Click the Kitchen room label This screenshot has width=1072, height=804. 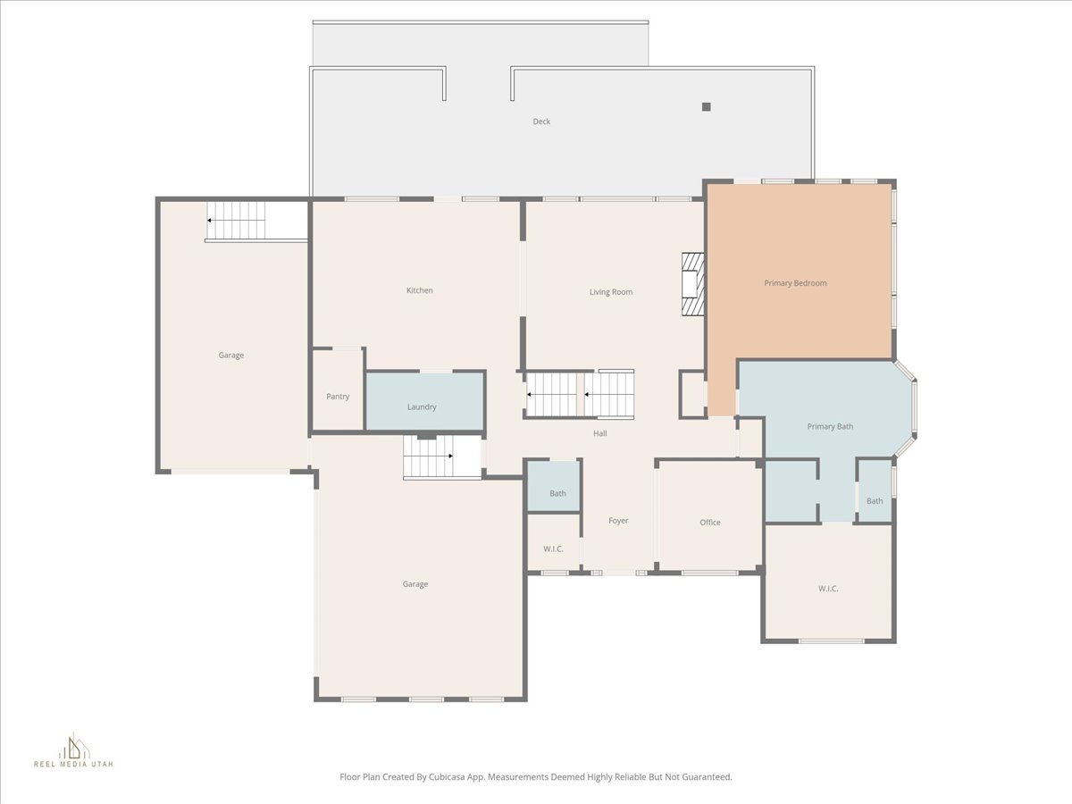tap(420, 290)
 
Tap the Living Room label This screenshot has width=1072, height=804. tap(610, 292)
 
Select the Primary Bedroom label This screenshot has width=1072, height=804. tap(795, 283)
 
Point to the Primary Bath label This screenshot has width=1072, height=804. tap(830, 427)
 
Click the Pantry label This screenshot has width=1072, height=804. tap(338, 397)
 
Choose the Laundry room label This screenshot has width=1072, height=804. tap(422, 407)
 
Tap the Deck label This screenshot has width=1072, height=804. tap(541, 121)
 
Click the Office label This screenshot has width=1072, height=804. tap(709, 523)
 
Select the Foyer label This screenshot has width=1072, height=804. tap(618, 521)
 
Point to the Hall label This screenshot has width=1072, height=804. tap(599, 433)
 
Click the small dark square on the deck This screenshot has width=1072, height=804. tap(707, 107)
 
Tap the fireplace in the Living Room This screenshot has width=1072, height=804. tap(693, 284)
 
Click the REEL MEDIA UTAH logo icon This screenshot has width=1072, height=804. tap(74, 748)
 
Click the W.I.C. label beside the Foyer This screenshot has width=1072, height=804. tap(553, 549)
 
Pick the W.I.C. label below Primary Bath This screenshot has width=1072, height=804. tap(828, 589)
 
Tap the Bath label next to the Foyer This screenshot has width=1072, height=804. tap(557, 493)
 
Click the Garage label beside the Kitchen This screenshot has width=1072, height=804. tap(231, 356)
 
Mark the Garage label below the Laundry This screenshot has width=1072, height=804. tap(415, 584)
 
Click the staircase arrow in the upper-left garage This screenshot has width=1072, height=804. tap(236, 221)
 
